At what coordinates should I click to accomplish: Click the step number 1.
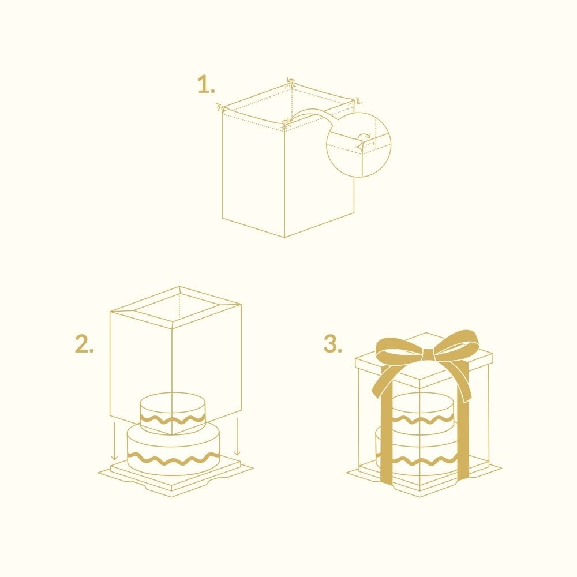click(x=206, y=84)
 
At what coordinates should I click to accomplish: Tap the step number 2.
click(x=84, y=344)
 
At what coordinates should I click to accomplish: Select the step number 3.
click(x=333, y=344)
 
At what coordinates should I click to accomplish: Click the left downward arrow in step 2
click(x=114, y=441)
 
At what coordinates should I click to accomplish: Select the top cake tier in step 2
click(x=173, y=413)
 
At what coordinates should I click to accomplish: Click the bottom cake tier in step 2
click(x=173, y=449)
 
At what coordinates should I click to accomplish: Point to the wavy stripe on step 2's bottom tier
click(x=173, y=459)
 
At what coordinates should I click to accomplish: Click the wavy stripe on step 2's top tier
click(x=173, y=419)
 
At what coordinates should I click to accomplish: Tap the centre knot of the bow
click(x=428, y=355)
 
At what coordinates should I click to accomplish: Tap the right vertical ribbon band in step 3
click(x=463, y=423)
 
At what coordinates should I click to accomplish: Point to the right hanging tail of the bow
click(x=454, y=379)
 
